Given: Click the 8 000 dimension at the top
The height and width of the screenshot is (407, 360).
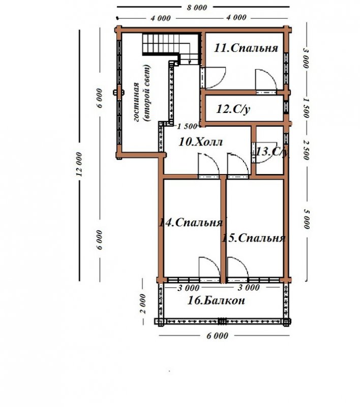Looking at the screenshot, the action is pyautogui.click(x=197, y=7).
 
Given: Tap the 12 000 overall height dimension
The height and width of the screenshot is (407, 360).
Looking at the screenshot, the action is pyautogui.click(x=80, y=164).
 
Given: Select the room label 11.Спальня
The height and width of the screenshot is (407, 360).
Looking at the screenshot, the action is pyautogui.click(x=246, y=48).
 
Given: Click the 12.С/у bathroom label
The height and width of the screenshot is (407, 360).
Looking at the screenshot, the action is pyautogui.click(x=233, y=109).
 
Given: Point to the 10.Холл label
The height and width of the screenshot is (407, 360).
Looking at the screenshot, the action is pyautogui.click(x=201, y=142).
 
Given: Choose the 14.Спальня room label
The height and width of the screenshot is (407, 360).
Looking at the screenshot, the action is pyautogui.click(x=191, y=223).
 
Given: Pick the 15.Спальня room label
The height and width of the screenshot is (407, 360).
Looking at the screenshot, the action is pyautogui.click(x=253, y=238).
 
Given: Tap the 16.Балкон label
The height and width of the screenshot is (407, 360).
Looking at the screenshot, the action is pyautogui.click(x=216, y=301).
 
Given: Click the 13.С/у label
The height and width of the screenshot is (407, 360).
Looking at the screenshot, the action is pyautogui.click(x=272, y=152).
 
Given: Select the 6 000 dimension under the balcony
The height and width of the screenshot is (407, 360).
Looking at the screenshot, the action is pyautogui.click(x=217, y=336).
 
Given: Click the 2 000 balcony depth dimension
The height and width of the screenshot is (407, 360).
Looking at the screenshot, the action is pyautogui.click(x=143, y=304).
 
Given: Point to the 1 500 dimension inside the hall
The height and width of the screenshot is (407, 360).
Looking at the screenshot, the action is pyautogui.click(x=187, y=126).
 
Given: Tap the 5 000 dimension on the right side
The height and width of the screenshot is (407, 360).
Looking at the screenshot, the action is pyautogui.click(x=307, y=219).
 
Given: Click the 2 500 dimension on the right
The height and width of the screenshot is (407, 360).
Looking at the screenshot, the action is pyautogui.click(x=306, y=150).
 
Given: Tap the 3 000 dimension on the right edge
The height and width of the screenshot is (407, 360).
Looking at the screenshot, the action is pyautogui.click(x=306, y=58).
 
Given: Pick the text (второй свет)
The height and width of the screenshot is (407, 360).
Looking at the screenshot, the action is pyautogui.click(x=147, y=94).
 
